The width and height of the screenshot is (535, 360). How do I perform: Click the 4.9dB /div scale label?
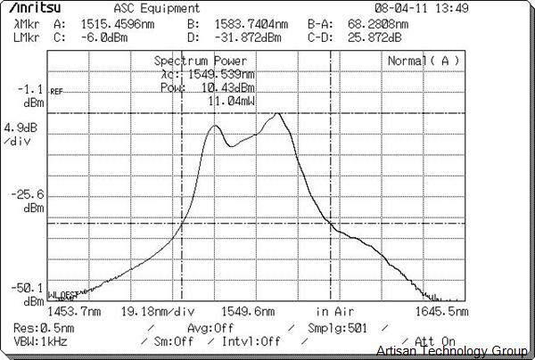pos(21,135)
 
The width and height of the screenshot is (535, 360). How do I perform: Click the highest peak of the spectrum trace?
pos(280,113)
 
